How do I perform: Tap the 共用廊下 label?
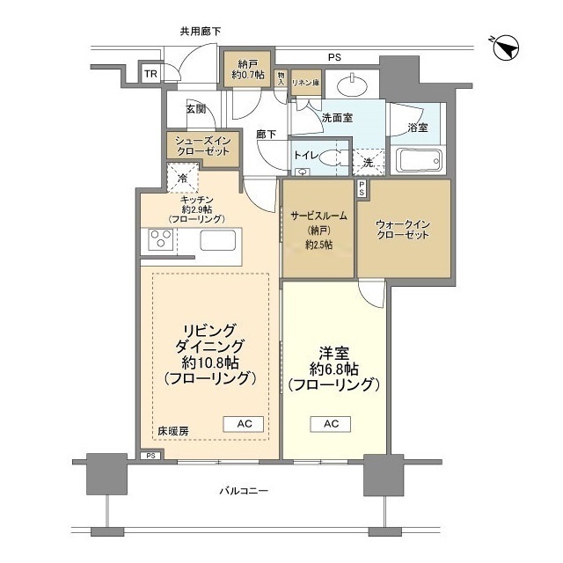(x=201, y=32)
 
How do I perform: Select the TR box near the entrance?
(x=151, y=74)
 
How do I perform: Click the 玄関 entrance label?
(x=195, y=109)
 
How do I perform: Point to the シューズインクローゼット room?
(x=203, y=145)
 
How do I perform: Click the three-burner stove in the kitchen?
(x=160, y=238)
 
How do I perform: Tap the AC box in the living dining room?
(x=245, y=423)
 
